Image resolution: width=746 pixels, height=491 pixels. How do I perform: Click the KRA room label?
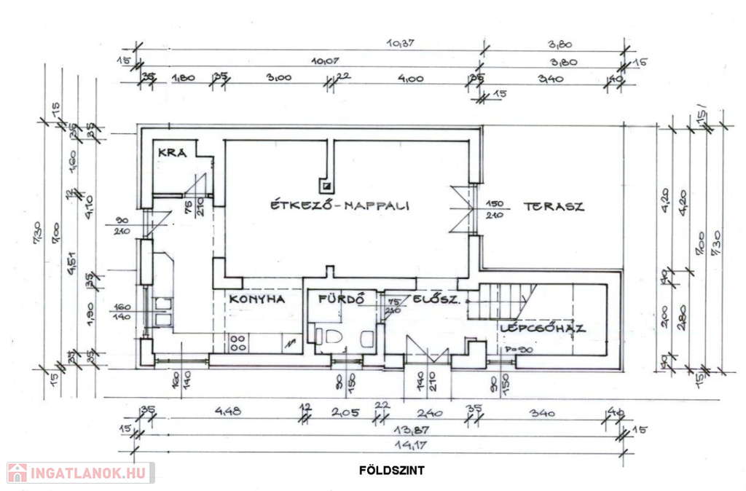[173, 152]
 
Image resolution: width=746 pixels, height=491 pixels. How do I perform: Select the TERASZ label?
[554, 206]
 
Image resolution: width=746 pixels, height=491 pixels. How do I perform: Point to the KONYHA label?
[255, 299]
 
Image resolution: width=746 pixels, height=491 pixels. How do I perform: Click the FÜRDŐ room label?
[336, 299]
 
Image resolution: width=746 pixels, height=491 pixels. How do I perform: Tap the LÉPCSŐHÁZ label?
[543, 329]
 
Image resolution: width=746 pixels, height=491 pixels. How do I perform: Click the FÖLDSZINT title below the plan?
[391, 470]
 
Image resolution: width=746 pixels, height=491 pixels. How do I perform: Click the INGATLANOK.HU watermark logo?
[80, 473]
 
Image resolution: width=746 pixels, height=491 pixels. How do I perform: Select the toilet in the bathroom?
[334, 335]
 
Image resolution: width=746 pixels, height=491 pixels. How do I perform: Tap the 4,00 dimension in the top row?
[410, 78]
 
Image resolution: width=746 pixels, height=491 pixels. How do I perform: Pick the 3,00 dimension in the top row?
[278, 78]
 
